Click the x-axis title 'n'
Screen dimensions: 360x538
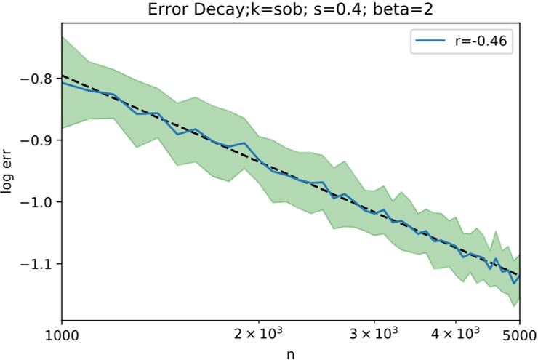click(291, 353)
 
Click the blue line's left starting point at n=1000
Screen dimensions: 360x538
click(63, 82)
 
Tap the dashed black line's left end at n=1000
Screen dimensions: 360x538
click(63, 75)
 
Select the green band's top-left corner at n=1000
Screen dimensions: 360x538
click(63, 36)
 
